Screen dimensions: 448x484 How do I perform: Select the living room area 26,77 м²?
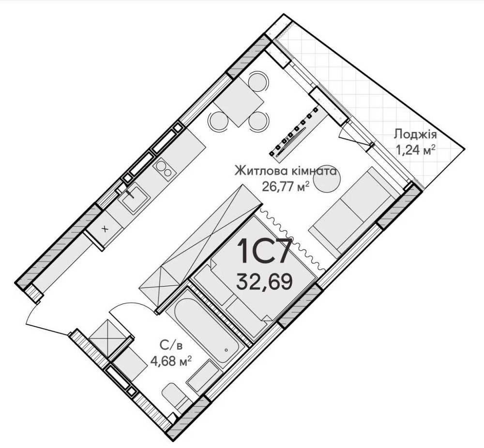286,186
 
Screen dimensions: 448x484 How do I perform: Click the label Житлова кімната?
286,171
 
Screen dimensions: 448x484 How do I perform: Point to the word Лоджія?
415,134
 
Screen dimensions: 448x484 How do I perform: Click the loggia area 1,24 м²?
415,150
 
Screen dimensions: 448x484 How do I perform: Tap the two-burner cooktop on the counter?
164,169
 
